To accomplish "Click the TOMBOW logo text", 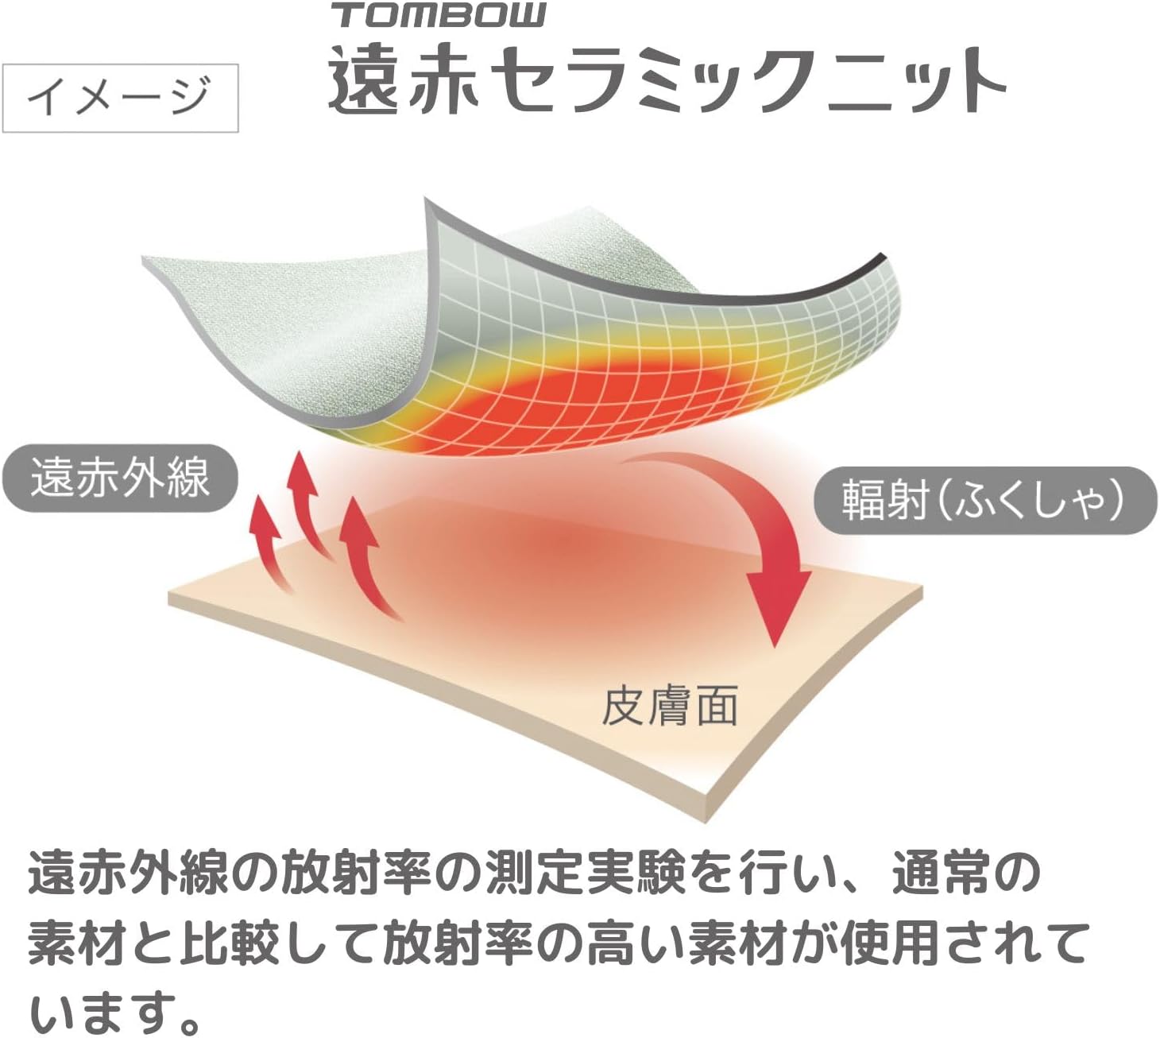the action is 439,15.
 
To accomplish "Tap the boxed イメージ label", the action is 120,97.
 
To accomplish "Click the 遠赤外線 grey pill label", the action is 120,478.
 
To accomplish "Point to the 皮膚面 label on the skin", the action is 669,706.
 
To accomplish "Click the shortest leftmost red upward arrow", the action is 267,540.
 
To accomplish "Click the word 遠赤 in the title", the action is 404,80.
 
